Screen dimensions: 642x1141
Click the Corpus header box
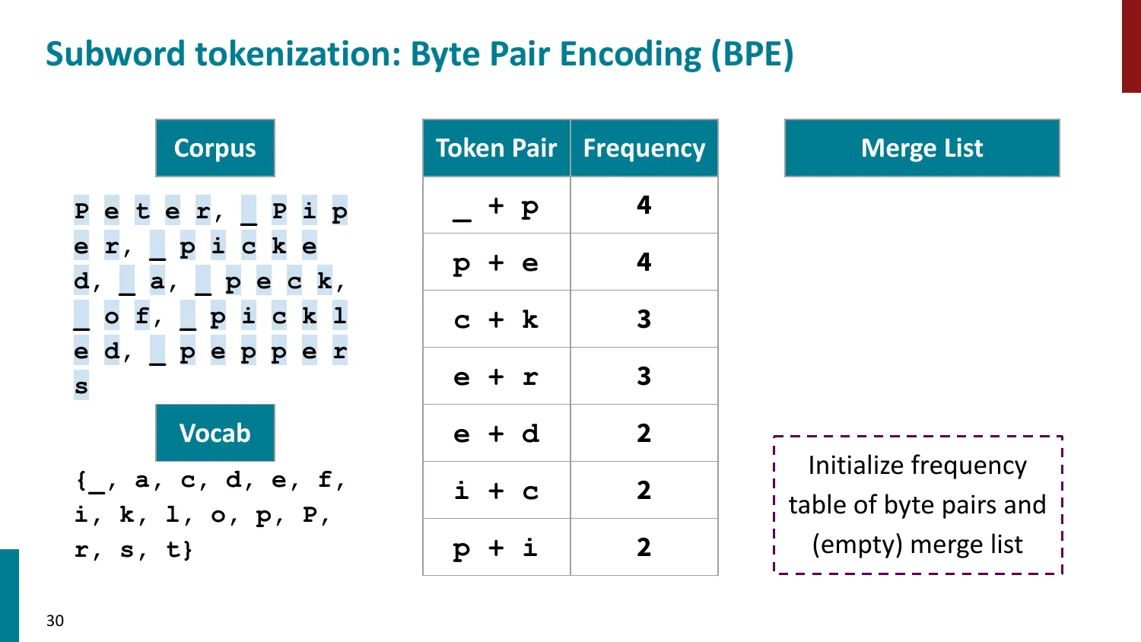tap(215, 148)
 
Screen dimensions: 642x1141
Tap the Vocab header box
tap(215, 433)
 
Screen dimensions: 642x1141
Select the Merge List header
tap(922, 148)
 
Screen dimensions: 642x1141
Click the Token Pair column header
tap(496, 148)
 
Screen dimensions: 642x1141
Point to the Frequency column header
tap(644, 148)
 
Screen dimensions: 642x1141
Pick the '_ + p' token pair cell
tap(496, 205)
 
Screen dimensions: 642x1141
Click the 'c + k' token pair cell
tap(496, 319)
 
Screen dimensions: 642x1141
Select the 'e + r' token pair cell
tap(496, 377)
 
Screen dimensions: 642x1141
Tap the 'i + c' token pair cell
tap(496, 491)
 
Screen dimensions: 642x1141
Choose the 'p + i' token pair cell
tap(496, 548)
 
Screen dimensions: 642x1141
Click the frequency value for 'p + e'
tap(644, 262)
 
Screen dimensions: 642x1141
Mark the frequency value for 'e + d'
tap(644, 434)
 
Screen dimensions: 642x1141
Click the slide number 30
tap(55, 621)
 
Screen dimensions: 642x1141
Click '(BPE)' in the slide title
tap(752, 54)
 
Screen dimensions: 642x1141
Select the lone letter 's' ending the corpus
tap(81, 386)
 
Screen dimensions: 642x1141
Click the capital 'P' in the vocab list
tap(310, 515)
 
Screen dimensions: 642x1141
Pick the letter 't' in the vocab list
tap(173, 549)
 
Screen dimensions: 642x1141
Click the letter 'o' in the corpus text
tap(112, 316)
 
